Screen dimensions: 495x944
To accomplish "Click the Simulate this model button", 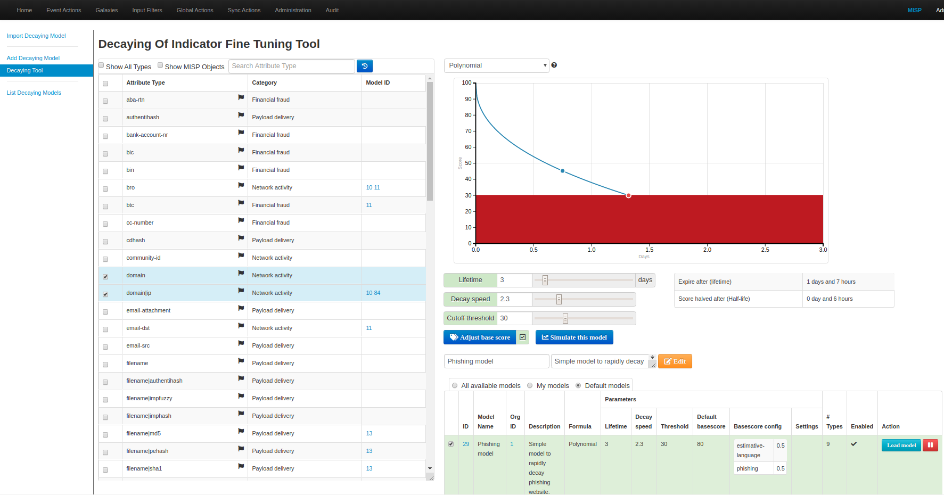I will click(574, 337).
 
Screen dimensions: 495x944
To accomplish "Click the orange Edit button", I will click(675, 361).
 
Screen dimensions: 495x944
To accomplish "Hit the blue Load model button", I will click(901, 445).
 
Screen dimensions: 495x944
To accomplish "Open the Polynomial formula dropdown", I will click(496, 65).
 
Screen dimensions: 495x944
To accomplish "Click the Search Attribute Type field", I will click(291, 66).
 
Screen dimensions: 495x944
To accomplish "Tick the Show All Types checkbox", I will click(102, 65).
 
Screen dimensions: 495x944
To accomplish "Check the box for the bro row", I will click(105, 188).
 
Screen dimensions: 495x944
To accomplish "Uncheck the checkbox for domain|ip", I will click(105, 294).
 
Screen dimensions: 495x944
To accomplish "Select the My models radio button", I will click(530, 386).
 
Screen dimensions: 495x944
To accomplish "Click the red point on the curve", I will click(628, 195).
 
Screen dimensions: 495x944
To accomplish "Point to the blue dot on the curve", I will click(563, 171).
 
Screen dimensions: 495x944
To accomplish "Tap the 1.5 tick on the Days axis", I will click(649, 250).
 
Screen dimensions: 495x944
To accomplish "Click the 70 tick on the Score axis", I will click(468, 131).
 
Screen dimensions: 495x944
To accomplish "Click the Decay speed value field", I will click(514, 299).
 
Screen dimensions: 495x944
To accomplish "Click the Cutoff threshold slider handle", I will click(565, 318).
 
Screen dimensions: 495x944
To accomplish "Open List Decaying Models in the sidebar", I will click(34, 93).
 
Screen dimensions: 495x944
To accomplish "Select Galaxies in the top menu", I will click(106, 10).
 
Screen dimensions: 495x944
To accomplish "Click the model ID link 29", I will click(466, 444).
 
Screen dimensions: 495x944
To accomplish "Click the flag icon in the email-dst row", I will click(241, 326).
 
